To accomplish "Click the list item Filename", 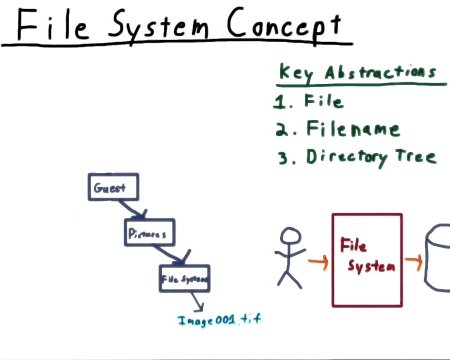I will (x=352, y=129).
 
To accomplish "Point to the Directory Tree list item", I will (x=370, y=156).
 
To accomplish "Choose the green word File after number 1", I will (x=323, y=101).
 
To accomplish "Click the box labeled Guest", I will (x=113, y=187).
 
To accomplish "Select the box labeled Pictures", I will (x=149, y=232).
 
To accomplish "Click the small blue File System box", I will (x=184, y=278).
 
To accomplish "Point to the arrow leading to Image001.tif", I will (x=197, y=301).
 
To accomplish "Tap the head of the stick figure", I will (x=290, y=236).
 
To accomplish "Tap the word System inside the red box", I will (x=371, y=265).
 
